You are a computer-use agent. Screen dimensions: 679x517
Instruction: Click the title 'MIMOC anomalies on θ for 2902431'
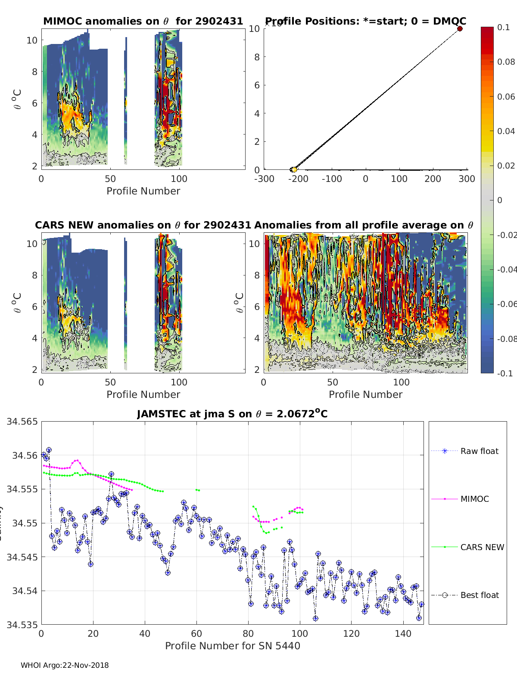pyautogui.click(x=143, y=21)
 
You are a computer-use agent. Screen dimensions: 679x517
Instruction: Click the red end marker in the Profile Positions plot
pyautogui.click(x=460, y=29)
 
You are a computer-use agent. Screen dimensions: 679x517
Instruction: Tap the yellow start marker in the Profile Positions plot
pyautogui.click(x=293, y=169)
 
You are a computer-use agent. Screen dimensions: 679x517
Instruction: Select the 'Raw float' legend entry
pyautogui.click(x=479, y=451)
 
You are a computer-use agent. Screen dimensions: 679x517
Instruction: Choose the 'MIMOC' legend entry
pyautogui.click(x=474, y=499)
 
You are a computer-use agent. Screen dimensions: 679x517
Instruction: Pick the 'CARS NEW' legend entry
pyautogui.click(x=482, y=547)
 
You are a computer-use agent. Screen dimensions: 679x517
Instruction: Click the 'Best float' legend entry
pyautogui.click(x=479, y=595)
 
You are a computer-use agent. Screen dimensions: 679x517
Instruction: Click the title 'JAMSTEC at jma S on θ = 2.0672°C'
pyautogui.click(x=232, y=414)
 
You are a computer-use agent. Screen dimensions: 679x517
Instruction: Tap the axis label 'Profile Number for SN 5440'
pyautogui.click(x=232, y=645)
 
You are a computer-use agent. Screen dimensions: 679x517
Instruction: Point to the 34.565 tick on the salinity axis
pyautogui.click(x=22, y=421)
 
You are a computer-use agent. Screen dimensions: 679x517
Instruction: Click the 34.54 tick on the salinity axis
pyautogui.click(x=24, y=591)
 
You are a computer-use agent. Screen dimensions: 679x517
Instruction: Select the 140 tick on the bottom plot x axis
pyautogui.click(x=403, y=633)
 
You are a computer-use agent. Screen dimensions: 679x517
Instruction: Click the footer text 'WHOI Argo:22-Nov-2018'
pyautogui.click(x=65, y=665)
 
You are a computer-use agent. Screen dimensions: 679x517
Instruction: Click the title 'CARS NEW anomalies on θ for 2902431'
pyautogui.click(x=143, y=225)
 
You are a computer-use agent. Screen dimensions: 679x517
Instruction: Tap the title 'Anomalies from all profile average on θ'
pyautogui.click(x=364, y=225)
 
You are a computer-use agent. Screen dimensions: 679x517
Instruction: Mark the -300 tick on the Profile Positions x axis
pyautogui.click(x=264, y=179)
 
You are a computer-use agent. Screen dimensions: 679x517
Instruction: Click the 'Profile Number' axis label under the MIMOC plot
pyautogui.click(x=143, y=191)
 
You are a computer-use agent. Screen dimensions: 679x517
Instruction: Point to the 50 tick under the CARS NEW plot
pyautogui.click(x=110, y=382)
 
